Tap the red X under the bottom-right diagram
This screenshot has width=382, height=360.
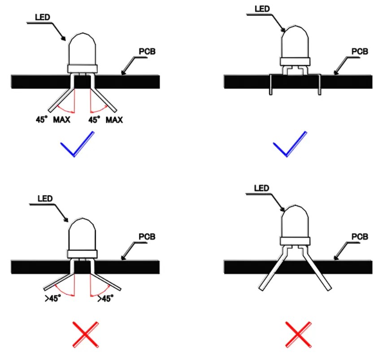click(299, 334)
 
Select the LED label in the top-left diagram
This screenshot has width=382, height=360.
click(43, 17)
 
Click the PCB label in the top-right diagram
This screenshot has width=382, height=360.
click(359, 51)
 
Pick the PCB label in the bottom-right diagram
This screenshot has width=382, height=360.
click(359, 237)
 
